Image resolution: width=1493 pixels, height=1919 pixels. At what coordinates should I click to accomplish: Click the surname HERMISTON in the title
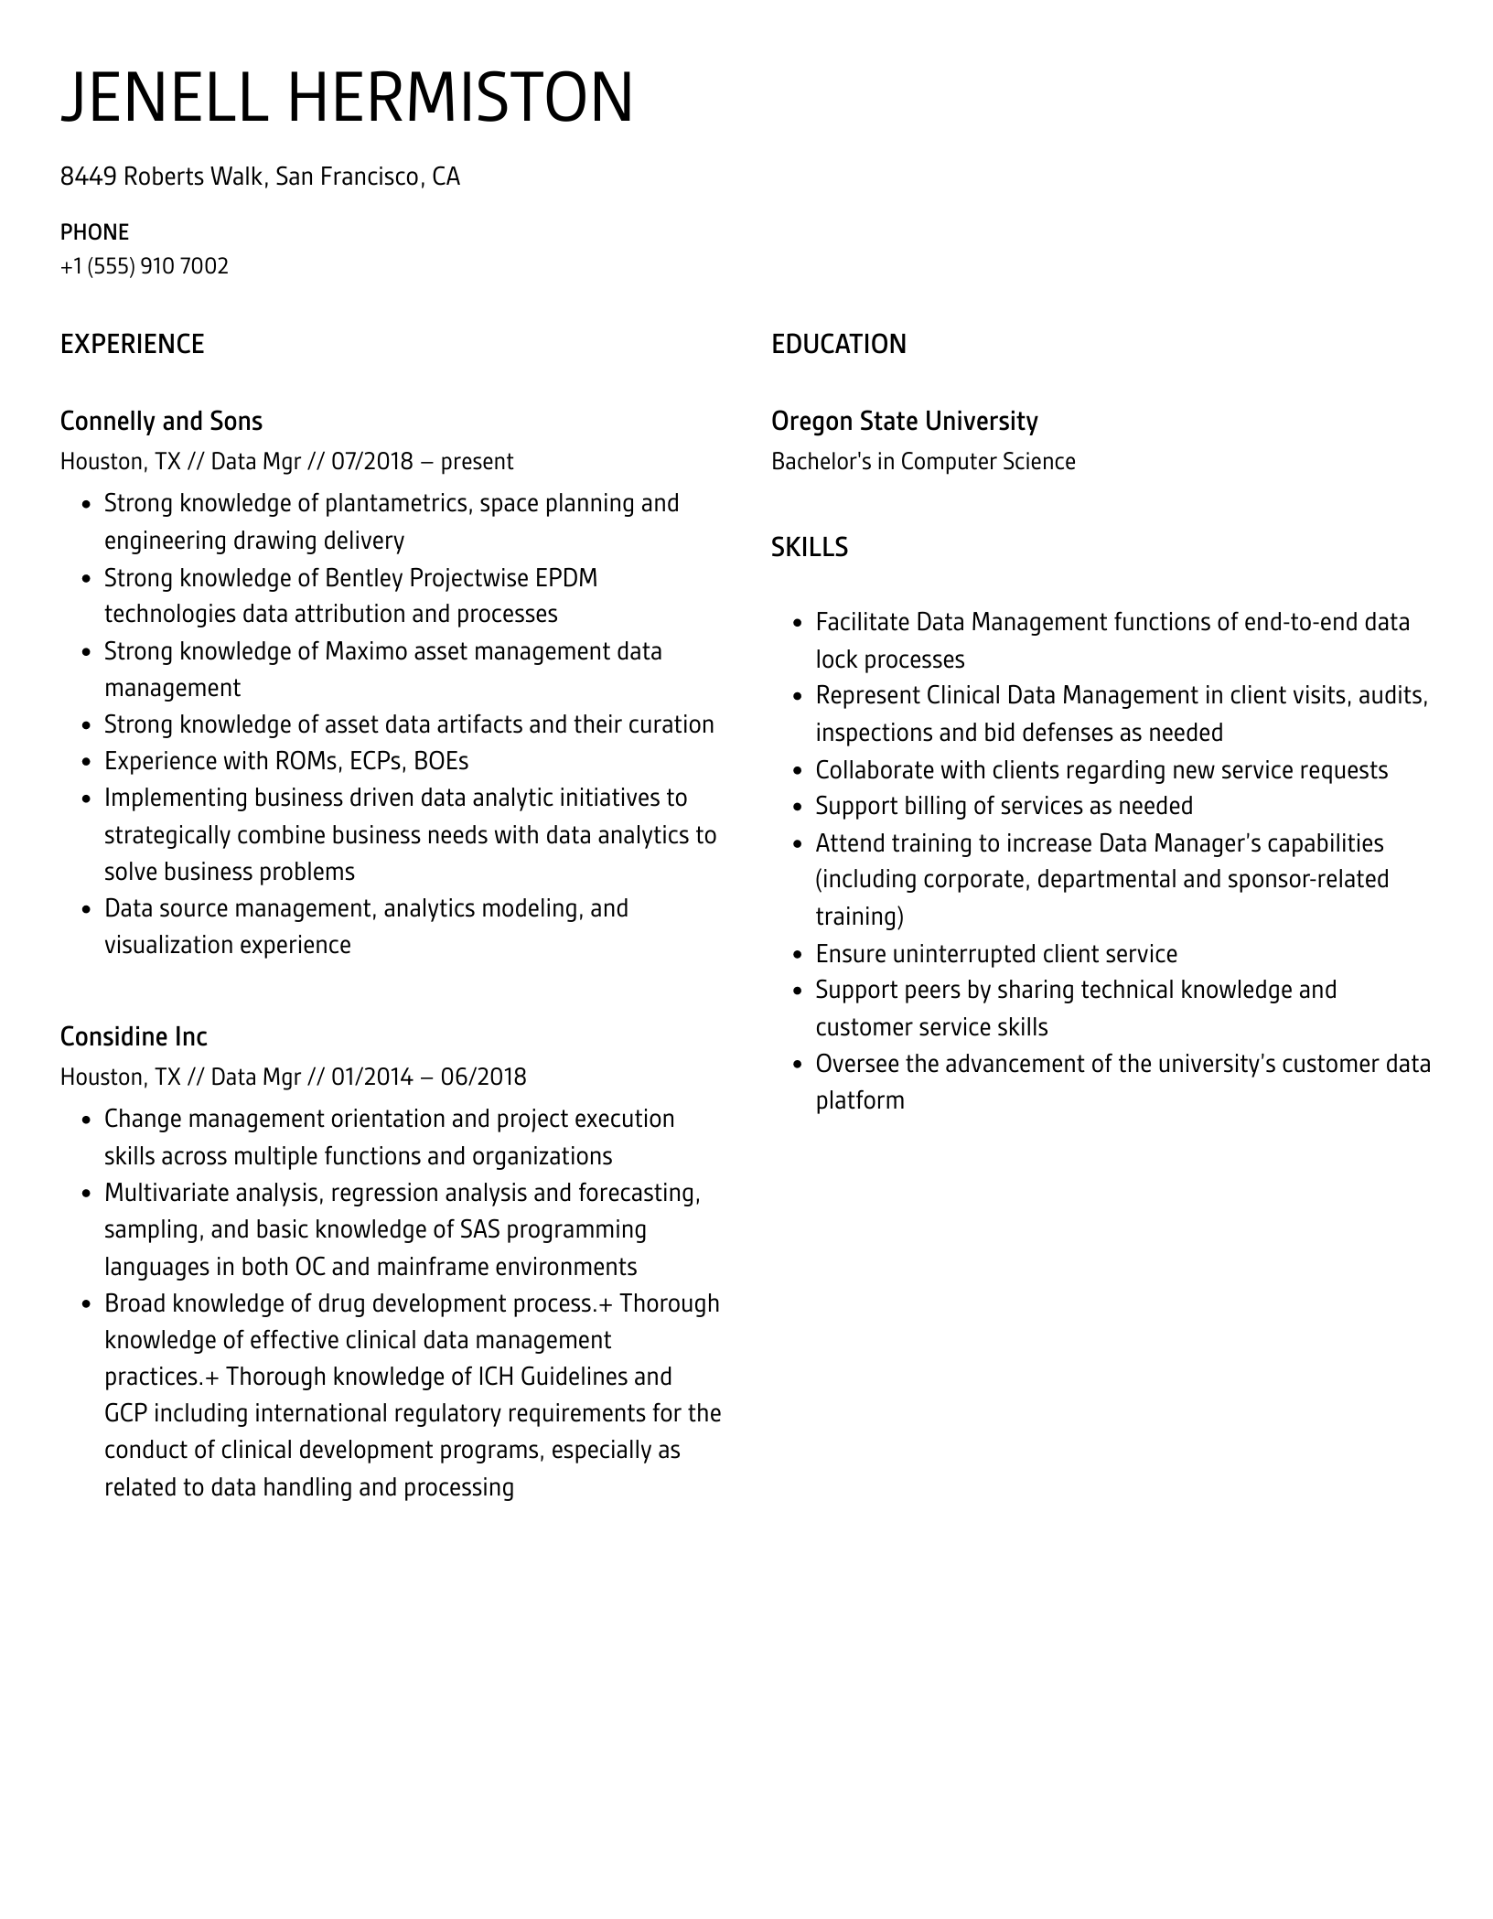click(x=460, y=97)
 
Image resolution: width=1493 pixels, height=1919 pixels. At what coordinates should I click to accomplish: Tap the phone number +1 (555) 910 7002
click(x=145, y=266)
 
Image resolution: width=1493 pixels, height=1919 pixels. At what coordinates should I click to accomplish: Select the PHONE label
click(x=94, y=232)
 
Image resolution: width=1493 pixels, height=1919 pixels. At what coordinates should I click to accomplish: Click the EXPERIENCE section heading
click(x=132, y=344)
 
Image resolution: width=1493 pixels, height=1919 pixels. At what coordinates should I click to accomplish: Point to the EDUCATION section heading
click(x=838, y=344)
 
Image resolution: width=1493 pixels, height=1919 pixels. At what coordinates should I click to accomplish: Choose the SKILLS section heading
click(x=809, y=547)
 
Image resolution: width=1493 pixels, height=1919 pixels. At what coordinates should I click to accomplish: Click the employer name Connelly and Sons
click(x=161, y=421)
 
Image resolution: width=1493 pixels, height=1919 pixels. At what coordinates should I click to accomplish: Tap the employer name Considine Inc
click(x=134, y=1036)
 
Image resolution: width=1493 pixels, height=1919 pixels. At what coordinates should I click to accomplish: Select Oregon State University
click(x=904, y=421)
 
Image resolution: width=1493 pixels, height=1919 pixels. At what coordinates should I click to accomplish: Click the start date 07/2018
click(x=372, y=461)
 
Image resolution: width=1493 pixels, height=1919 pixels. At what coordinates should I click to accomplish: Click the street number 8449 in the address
click(x=88, y=177)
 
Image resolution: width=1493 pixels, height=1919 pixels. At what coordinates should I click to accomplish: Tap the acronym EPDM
click(x=566, y=578)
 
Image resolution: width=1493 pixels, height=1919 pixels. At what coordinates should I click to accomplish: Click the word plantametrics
click(x=396, y=504)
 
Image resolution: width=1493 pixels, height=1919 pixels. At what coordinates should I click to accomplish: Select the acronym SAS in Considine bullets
click(x=480, y=1229)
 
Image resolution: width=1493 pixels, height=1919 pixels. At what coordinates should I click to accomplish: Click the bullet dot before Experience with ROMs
click(x=86, y=762)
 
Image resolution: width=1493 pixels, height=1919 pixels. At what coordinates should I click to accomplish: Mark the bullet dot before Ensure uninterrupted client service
click(x=797, y=955)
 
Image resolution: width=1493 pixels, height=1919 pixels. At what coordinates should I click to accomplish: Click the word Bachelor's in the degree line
click(x=821, y=461)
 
